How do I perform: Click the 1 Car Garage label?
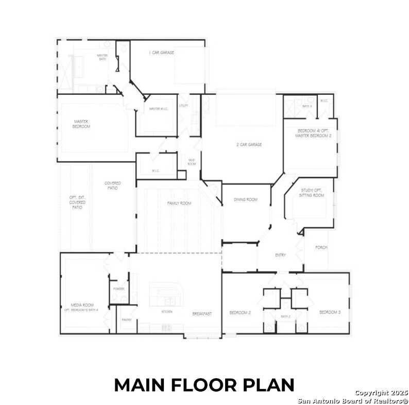(161, 53)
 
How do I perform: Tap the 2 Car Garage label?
(249, 145)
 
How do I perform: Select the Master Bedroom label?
(81, 124)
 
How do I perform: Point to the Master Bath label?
(103, 57)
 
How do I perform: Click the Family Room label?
(179, 204)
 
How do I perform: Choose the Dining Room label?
(245, 199)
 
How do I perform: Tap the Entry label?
(280, 255)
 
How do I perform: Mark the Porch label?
(321, 248)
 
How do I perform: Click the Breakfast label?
(202, 313)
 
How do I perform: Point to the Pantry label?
(127, 320)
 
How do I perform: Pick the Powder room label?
(119, 289)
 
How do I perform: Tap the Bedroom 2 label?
(240, 313)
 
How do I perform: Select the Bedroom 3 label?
(329, 312)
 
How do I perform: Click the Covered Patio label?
(112, 185)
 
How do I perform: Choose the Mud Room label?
(192, 162)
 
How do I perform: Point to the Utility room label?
(184, 106)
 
